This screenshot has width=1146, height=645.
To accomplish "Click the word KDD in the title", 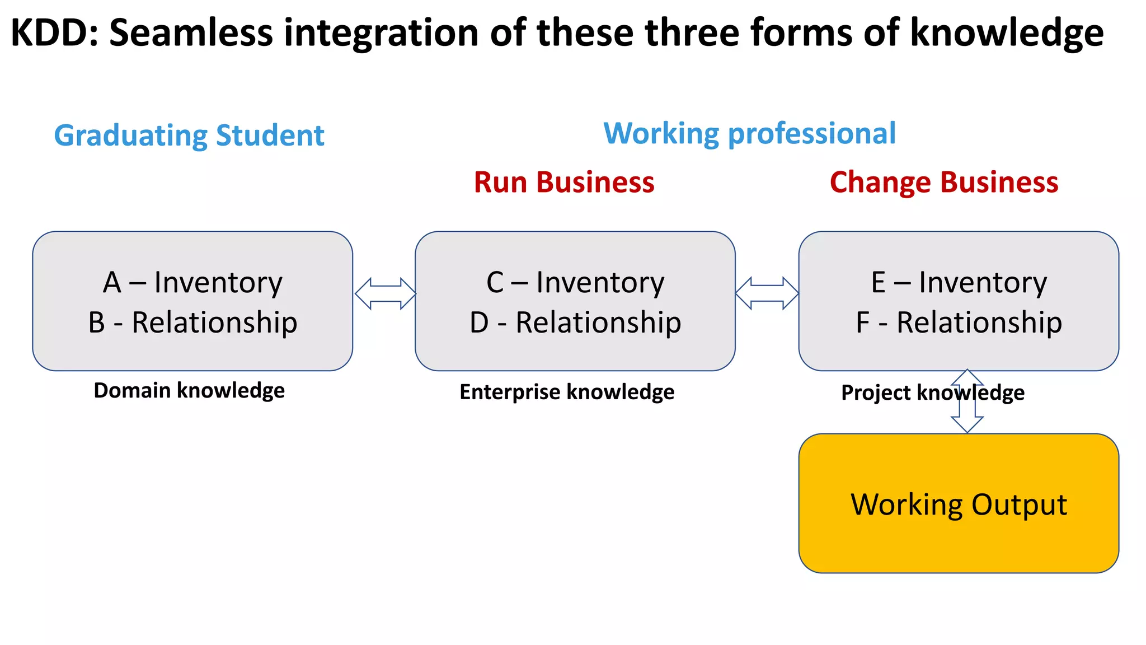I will pos(49,32).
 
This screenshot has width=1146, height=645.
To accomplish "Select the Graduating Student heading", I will pos(189,135).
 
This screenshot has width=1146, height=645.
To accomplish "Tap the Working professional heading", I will pos(749,134).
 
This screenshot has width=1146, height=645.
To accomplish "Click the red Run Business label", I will pos(564,183).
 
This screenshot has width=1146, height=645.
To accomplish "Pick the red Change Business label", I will pos(944,183).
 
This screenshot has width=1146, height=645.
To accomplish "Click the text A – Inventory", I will pos(193,282).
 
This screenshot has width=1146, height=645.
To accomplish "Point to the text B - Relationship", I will pos(193,322).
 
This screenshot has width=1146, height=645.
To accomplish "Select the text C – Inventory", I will pos(575,282).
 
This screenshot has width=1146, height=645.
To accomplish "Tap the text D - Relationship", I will pos(575,322).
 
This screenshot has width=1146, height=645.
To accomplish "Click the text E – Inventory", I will pos(959,282).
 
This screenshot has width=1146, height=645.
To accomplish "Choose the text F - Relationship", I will pos(959,322).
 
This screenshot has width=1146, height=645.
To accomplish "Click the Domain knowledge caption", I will pos(189,390).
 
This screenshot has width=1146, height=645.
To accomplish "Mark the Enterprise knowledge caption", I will pos(567,392).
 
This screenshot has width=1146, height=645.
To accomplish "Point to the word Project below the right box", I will pos(874,392).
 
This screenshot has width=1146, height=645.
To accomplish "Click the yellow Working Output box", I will pos(959,504).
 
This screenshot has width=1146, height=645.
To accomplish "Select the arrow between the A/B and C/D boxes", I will pos(386,293).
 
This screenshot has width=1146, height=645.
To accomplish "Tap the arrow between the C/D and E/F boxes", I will pos(767,293).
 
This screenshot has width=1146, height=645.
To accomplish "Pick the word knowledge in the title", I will pos(1007,32).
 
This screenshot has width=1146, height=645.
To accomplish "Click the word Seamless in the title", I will pos(191,32).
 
